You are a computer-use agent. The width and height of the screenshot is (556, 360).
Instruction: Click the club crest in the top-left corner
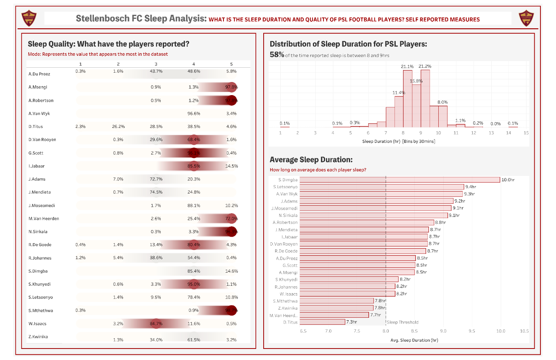point(29,18)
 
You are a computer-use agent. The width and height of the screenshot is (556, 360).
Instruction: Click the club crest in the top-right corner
point(526,18)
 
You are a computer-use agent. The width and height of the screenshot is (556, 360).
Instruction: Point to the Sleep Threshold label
point(403,322)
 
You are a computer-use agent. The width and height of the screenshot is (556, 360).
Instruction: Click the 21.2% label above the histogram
point(425,66)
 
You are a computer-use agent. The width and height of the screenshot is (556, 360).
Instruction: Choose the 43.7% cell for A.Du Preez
point(156,71)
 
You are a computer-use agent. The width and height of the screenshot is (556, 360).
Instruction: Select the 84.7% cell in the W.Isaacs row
point(156,324)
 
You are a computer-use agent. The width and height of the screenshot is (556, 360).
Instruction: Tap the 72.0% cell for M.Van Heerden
point(231,219)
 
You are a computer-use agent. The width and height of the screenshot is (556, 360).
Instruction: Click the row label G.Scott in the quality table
point(36,153)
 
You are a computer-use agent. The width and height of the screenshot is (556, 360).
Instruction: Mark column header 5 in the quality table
point(231,64)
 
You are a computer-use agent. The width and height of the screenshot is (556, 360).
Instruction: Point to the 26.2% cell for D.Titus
point(118,127)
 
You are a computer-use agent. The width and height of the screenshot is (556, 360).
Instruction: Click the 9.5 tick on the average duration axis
point(472,331)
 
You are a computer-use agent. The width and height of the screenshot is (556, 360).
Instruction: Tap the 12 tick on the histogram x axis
point(474,133)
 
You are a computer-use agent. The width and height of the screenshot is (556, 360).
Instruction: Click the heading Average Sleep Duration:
point(311,160)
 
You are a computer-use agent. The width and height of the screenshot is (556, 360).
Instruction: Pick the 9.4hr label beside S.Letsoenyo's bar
point(471,187)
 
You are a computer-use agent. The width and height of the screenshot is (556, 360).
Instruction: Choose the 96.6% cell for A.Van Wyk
point(194,114)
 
